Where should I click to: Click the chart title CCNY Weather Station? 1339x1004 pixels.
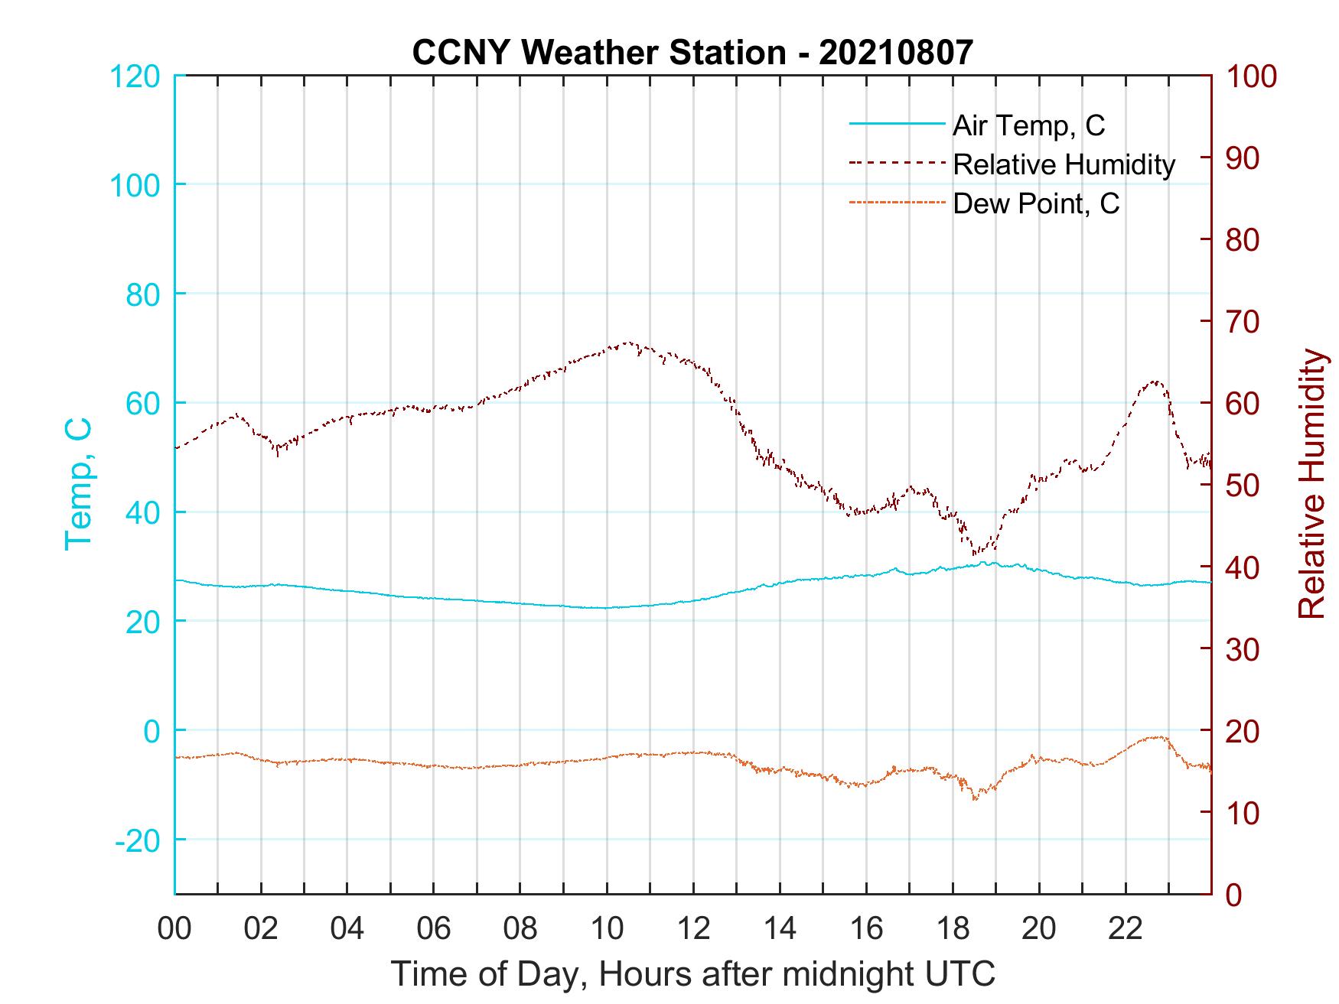click(x=692, y=52)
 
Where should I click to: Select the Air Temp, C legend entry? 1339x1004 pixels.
click(x=1028, y=125)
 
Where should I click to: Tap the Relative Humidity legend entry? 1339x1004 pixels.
click(x=1064, y=164)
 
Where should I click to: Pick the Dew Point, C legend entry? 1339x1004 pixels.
click(x=1036, y=204)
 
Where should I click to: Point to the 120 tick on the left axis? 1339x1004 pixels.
click(x=135, y=76)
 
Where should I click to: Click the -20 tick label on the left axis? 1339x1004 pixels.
click(x=138, y=840)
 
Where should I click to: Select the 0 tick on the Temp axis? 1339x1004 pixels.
click(x=152, y=731)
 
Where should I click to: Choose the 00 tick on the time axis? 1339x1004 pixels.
click(x=175, y=929)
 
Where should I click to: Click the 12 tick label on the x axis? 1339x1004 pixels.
click(x=693, y=929)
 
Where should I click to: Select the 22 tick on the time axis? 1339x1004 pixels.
click(x=1126, y=929)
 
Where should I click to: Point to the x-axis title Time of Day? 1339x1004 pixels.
click(x=693, y=974)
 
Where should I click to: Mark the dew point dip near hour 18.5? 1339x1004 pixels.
click(x=974, y=799)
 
